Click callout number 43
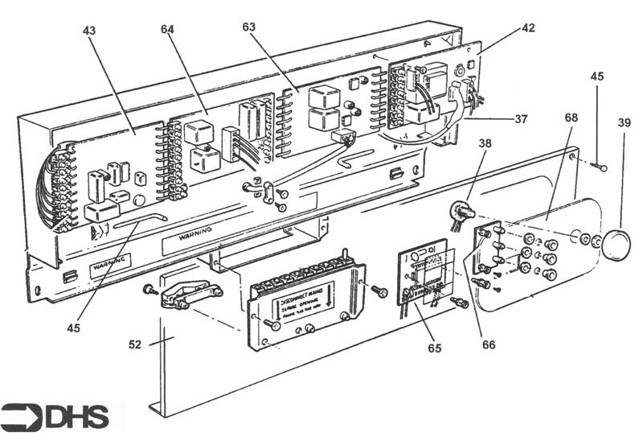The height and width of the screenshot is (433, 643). point(88,31)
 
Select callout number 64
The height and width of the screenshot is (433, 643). point(167,31)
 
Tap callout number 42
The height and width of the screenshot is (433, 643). point(527,27)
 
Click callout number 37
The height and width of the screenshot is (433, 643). point(522,119)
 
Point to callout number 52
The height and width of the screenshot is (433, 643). point(135,344)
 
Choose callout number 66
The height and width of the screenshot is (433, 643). point(489,344)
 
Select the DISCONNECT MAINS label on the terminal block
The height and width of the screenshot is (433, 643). point(308,304)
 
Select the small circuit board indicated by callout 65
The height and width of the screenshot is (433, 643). point(423,278)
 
